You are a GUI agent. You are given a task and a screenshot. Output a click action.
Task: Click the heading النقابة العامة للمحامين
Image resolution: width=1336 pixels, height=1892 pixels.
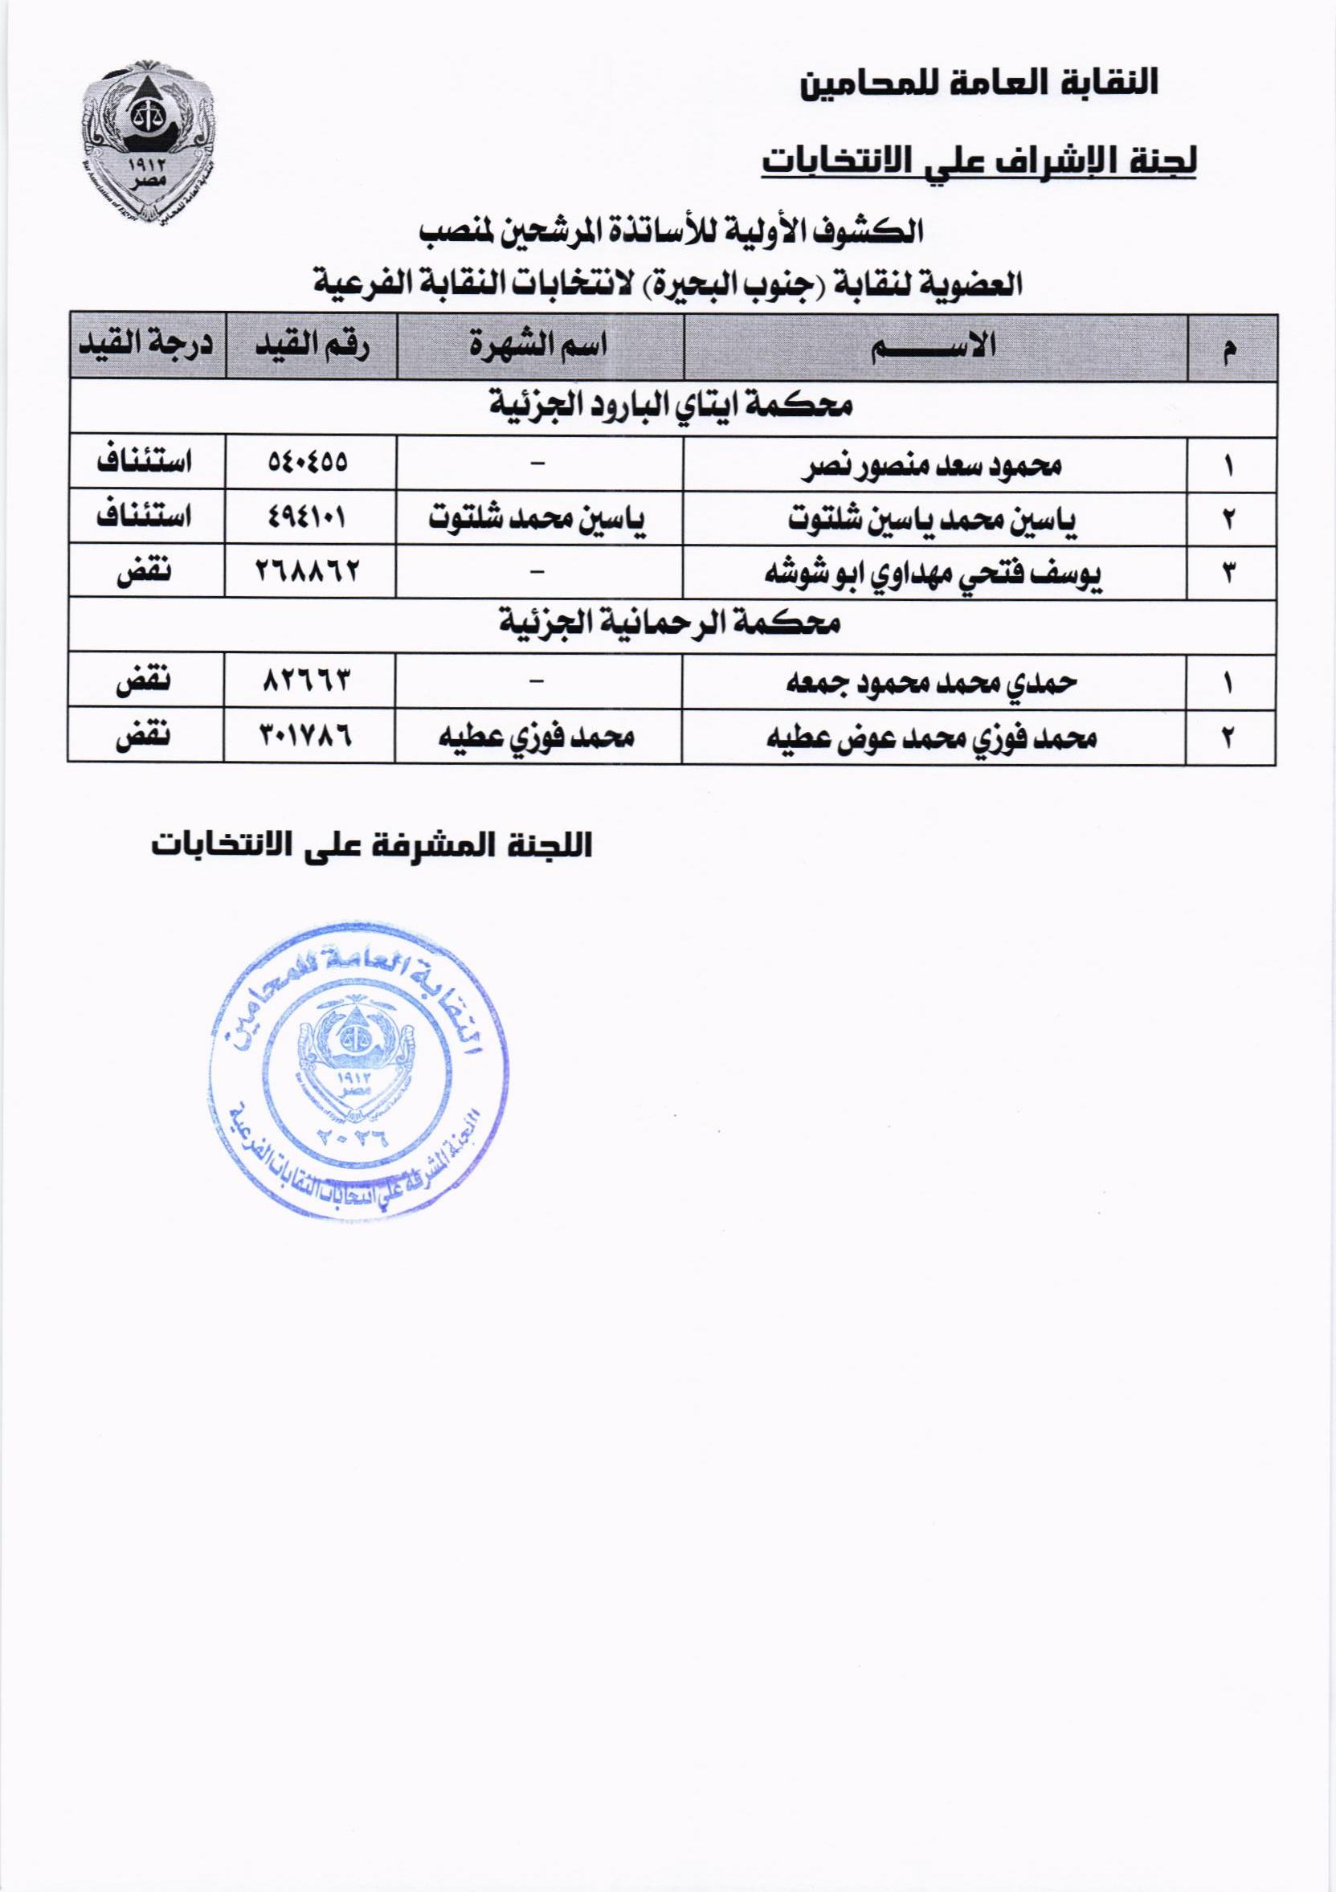981,84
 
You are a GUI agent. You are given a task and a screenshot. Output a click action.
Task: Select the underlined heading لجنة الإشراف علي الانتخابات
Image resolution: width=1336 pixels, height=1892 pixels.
979,160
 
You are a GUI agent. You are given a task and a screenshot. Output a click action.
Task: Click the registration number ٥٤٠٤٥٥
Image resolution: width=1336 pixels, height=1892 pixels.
309,464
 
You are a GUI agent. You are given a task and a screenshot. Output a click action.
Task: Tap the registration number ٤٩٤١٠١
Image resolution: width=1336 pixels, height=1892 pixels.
308,517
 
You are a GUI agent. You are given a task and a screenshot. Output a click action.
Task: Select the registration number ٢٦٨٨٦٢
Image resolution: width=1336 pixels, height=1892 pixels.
308,570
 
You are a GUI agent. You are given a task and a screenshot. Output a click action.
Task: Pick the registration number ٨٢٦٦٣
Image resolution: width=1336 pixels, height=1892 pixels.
308,681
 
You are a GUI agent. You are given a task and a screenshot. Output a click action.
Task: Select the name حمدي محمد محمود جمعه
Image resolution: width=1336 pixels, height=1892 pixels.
933,682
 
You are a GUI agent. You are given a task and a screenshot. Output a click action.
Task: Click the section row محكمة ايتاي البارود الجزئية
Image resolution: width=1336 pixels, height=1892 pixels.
672,407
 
